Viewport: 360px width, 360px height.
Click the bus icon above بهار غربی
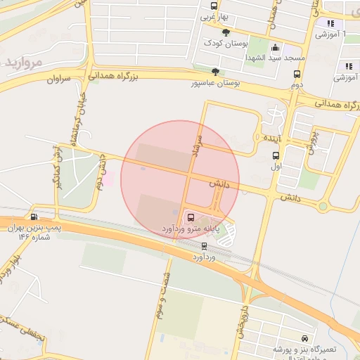tap(214, 6)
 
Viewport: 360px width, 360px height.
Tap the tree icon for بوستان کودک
tap(226, 32)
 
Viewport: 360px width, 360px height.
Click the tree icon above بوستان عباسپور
tap(215, 71)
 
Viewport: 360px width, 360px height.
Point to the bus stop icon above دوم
tap(297, 74)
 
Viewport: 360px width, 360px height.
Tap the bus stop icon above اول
tap(276, 156)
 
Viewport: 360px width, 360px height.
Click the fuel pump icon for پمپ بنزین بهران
tap(34, 217)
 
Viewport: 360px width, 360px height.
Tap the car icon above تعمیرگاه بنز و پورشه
tap(304, 338)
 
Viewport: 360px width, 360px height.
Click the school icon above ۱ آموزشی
tap(330, 23)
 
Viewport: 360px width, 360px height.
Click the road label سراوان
tap(60, 80)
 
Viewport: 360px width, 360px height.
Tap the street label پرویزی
tap(312, 141)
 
